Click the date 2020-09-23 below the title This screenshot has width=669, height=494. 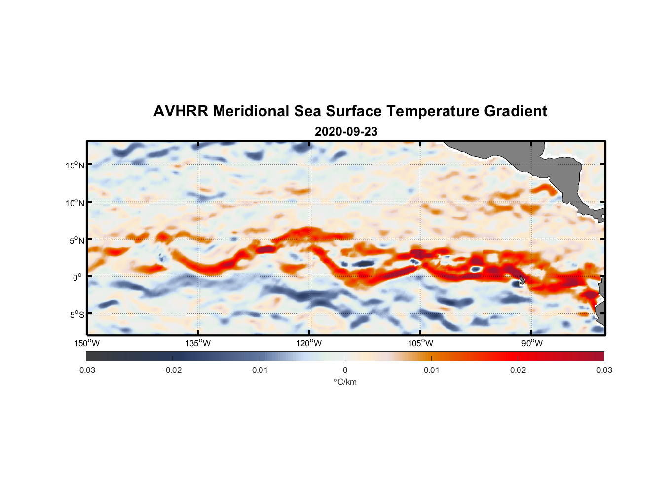tap(346, 132)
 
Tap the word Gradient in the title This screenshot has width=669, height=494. tap(516, 111)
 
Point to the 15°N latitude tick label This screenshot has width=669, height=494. tap(75, 165)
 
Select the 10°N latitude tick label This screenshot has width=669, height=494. tap(75, 203)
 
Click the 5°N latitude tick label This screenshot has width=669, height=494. tap(76, 240)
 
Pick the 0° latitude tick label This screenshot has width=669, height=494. tap(77, 277)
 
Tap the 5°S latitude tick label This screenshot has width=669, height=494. tap(76, 315)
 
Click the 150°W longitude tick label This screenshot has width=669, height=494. tap(87, 343)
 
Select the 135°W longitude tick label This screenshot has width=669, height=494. tap(198, 343)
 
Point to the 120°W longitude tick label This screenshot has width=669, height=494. tap(309, 343)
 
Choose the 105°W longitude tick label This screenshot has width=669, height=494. tap(420, 343)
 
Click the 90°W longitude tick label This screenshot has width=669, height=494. tap(532, 343)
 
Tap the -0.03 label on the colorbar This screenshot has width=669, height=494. tap(86, 370)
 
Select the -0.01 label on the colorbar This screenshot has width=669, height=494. tap(259, 370)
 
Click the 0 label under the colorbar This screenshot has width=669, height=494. tap(345, 370)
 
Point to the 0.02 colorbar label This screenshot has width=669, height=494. tap(518, 370)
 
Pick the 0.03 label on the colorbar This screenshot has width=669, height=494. tap(604, 370)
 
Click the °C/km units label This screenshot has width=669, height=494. tap(345, 382)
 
